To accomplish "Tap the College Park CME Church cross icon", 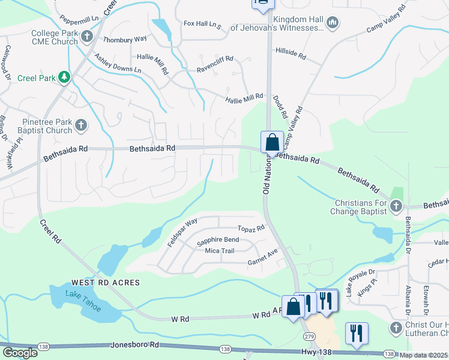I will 86,37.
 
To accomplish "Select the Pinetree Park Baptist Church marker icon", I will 80,126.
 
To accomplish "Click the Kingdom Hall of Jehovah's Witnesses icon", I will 333,23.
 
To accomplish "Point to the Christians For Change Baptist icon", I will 396,207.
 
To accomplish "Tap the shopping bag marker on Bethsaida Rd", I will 272,143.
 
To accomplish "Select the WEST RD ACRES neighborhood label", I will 105,283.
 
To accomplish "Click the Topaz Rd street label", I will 251,229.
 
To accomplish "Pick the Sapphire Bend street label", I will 218,240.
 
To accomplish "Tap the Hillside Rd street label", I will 291,55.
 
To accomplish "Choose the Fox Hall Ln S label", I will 202,25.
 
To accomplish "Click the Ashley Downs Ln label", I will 118,62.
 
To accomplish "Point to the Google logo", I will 20,353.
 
